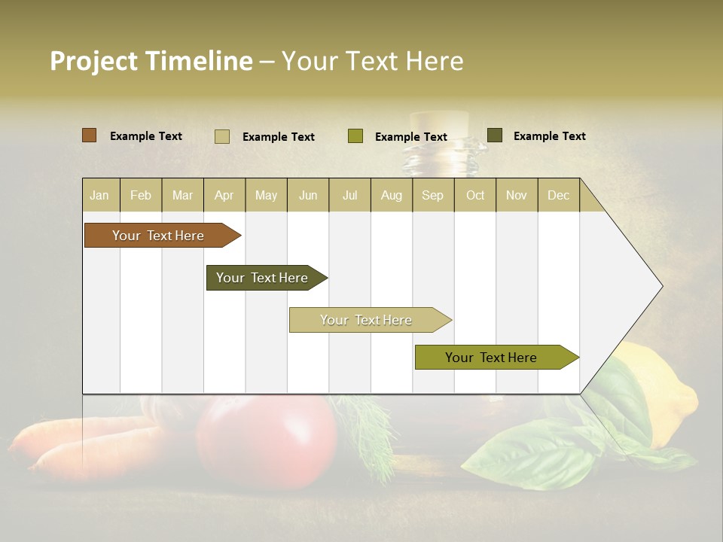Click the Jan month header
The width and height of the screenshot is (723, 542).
pyautogui.click(x=99, y=196)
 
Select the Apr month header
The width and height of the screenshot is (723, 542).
pyautogui.click(x=224, y=196)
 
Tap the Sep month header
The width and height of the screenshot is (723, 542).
pyautogui.click(x=432, y=196)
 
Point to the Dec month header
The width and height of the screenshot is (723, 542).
pyautogui.click(x=558, y=196)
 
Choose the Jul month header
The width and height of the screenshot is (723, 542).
pyautogui.click(x=349, y=196)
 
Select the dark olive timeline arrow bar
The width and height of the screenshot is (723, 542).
pyautogui.click(x=264, y=278)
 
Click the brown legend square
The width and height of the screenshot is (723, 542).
pyautogui.click(x=89, y=135)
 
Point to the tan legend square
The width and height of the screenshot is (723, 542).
pyautogui.click(x=221, y=136)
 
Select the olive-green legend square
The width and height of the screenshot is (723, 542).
pyautogui.click(x=355, y=136)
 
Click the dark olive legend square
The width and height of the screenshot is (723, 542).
pyautogui.click(x=494, y=135)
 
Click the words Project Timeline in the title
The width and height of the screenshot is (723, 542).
pyautogui.click(x=151, y=61)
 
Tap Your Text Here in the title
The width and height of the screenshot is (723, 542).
pyautogui.click(x=373, y=61)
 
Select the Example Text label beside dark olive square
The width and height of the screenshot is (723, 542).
pyautogui.click(x=549, y=136)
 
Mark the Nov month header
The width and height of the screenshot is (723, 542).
pyautogui.click(x=516, y=196)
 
